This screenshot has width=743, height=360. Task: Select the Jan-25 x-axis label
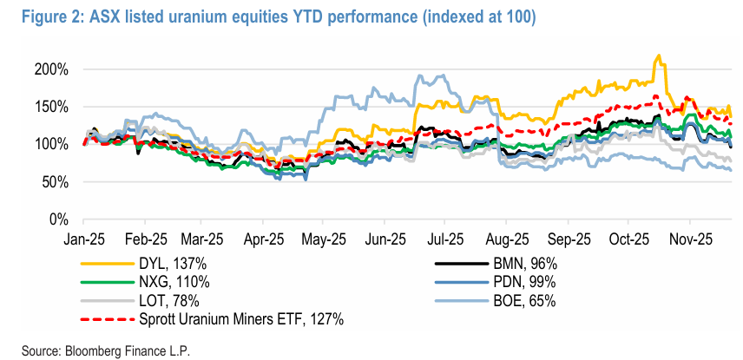pyautogui.click(x=85, y=236)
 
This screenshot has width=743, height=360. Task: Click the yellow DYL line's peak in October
pyautogui.click(x=659, y=56)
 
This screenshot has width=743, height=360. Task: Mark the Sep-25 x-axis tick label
pyautogui.click(x=569, y=236)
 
